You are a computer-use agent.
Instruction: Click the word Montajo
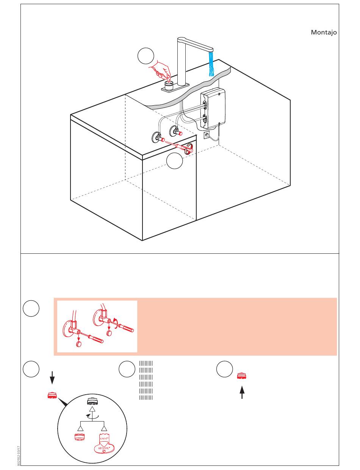coord(324,33)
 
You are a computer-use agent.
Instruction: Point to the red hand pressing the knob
coord(161,70)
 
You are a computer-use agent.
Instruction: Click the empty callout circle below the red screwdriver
coord(174,161)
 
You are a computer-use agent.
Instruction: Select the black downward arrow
coord(53,378)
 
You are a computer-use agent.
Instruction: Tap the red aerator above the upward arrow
coord(242,376)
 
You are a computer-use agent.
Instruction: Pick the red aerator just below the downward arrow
coord(52,396)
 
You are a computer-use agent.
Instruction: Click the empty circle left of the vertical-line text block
coord(127,369)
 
